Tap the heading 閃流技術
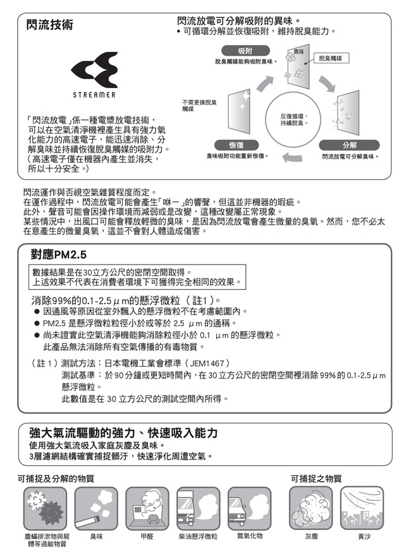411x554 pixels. click(x=49, y=25)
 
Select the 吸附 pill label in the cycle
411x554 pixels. click(x=245, y=51)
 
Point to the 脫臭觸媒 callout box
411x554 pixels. click(x=330, y=58)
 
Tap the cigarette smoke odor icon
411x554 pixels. click(x=96, y=508)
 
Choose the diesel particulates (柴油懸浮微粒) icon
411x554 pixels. click(x=198, y=508)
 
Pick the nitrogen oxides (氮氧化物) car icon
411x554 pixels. click(x=249, y=508)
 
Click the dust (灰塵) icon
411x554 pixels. click(x=311, y=508)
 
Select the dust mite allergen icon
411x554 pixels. click(x=44, y=508)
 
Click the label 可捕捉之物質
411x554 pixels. click(x=316, y=479)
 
